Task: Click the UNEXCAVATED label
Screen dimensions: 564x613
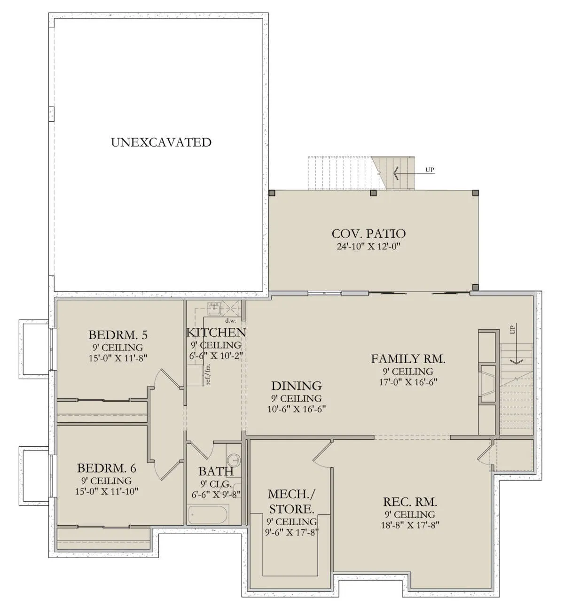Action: click(x=161, y=142)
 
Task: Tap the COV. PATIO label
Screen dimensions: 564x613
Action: click(x=368, y=234)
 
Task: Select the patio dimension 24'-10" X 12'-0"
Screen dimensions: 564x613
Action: click(x=368, y=246)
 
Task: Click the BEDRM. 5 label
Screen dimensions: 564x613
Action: click(x=118, y=335)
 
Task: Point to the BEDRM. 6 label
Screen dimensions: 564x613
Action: click(x=106, y=468)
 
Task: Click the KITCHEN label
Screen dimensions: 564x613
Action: click(x=216, y=333)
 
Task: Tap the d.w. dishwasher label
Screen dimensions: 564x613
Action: click(x=230, y=321)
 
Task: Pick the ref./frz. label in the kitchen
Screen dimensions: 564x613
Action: click(x=208, y=374)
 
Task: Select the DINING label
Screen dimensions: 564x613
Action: click(x=297, y=386)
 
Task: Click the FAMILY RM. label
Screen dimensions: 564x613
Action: click(x=408, y=359)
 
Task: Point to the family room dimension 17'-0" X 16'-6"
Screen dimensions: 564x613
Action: click(x=408, y=382)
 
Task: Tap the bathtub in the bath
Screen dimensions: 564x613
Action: click(x=208, y=515)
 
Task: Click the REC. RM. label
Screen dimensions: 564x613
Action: click(x=410, y=502)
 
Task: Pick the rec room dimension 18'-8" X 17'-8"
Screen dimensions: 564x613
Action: click(x=410, y=525)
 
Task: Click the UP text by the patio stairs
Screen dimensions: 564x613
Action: click(x=430, y=170)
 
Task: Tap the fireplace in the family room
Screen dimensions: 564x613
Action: click(x=487, y=383)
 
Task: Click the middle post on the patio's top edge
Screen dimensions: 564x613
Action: click(x=373, y=193)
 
